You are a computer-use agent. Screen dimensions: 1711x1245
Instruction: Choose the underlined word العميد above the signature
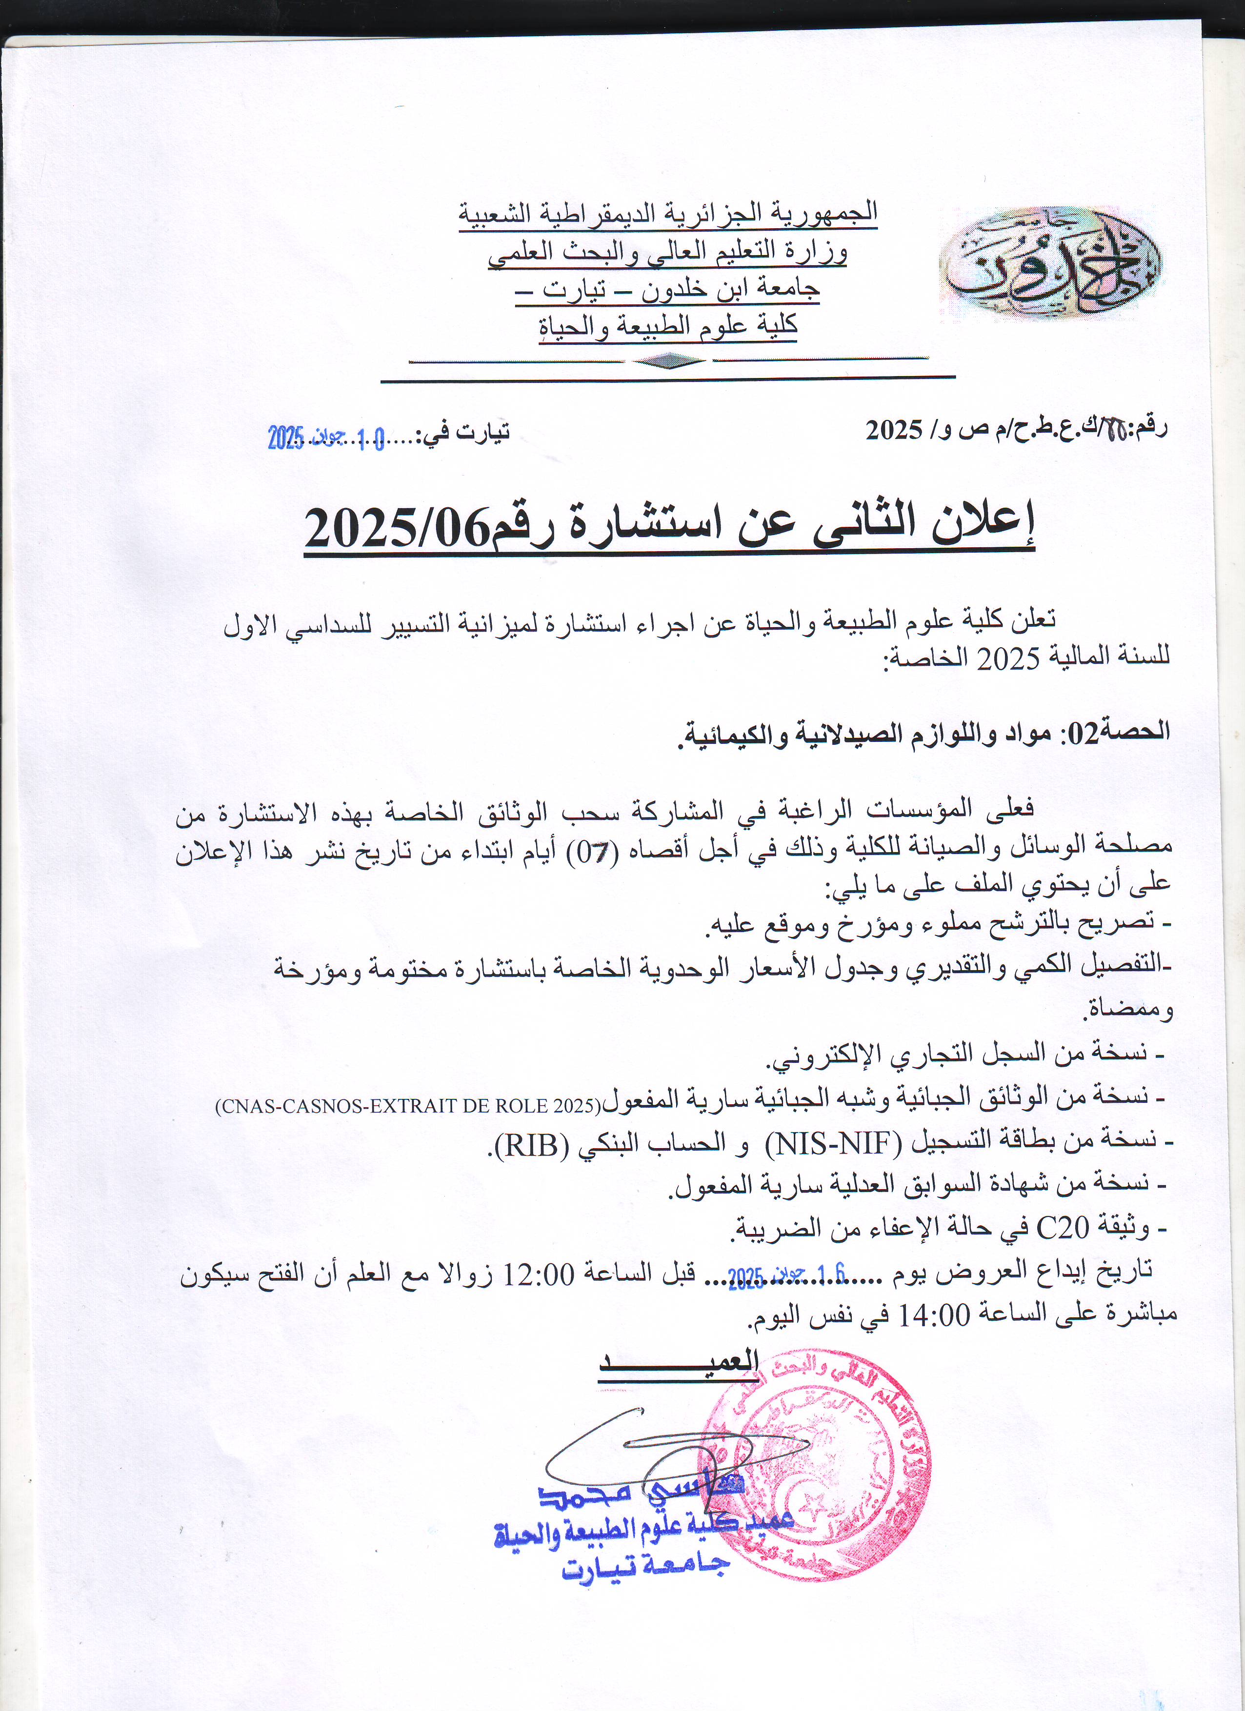[679, 1362]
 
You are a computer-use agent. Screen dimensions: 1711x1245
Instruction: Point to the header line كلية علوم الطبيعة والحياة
[668, 326]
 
